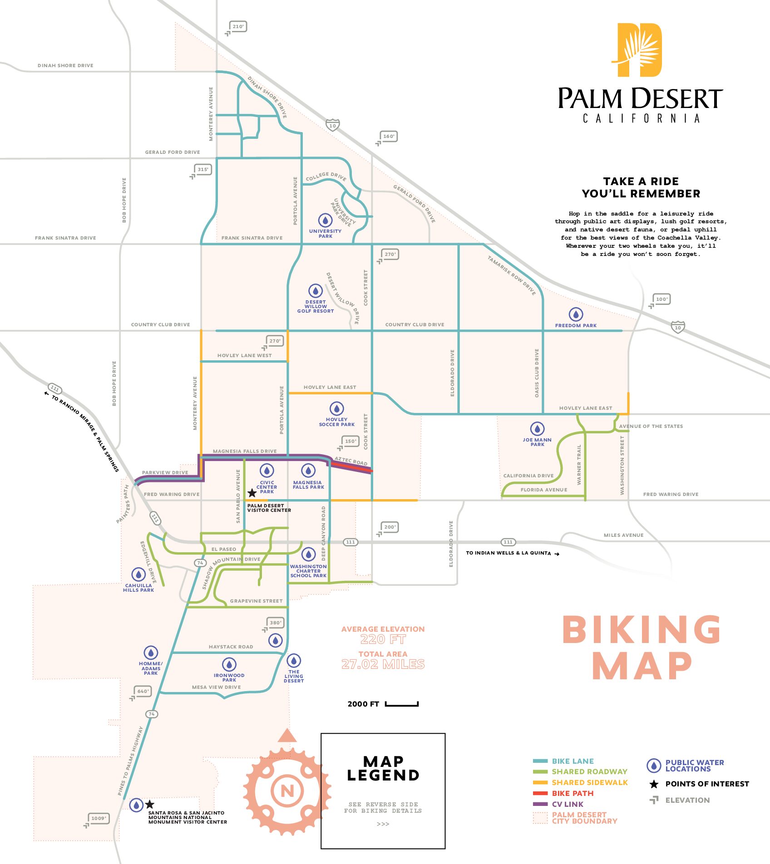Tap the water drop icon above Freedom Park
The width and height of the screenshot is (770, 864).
pos(576,314)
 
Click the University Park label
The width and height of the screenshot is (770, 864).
pos(325,234)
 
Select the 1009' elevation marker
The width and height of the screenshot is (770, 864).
pos(99,818)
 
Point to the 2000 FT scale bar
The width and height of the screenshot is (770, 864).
pos(401,704)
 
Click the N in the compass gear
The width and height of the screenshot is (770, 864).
pos(287,791)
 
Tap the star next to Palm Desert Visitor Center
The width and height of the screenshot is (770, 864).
pos(252,493)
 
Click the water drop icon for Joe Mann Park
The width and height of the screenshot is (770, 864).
pos(537,428)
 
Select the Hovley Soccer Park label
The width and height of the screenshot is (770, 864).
pos(336,422)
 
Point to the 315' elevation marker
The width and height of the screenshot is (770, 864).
pos(202,170)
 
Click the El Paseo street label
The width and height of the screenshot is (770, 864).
pos(224,549)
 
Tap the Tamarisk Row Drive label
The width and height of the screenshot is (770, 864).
pos(512,275)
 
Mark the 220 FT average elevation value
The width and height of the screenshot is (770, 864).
pos(383,639)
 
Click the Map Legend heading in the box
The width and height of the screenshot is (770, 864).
pos(383,768)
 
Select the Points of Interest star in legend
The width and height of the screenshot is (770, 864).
pos(654,784)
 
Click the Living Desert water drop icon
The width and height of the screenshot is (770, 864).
pos(294,660)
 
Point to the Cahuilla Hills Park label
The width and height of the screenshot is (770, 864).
pos(138,588)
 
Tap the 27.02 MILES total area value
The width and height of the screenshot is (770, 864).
pos(383,664)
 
